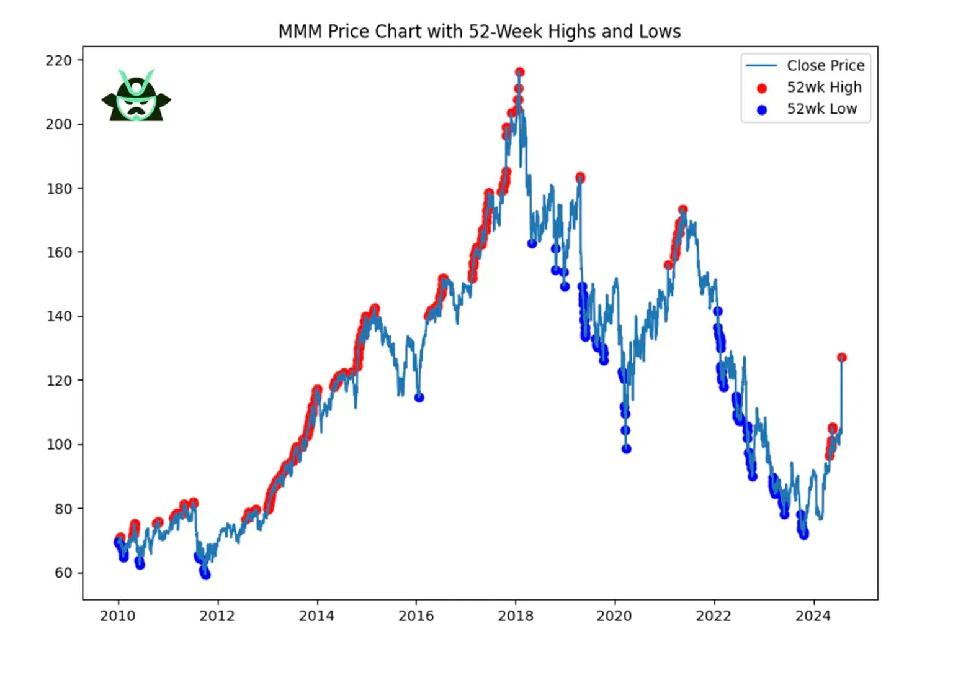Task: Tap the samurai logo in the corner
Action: [x=136, y=96]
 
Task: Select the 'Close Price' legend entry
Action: [x=825, y=65]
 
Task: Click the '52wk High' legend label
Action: [x=824, y=87]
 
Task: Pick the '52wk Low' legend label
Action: [x=821, y=109]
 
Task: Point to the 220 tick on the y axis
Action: [x=59, y=60]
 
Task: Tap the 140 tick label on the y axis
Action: [x=59, y=316]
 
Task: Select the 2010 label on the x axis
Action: [x=117, y=616]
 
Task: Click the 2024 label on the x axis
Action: [x=813, y=616]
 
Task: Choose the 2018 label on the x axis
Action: [x=515, y=616]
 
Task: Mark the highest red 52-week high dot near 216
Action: [x=519, y=73]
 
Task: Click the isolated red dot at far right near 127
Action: [x=842, y=358]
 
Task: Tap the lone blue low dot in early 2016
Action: [x=419, y=398]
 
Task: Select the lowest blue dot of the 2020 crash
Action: [x=627, y=449]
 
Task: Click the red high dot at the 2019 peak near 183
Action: [x=580, y=178]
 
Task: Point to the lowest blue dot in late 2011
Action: [x=205, y=575]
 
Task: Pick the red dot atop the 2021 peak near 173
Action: [x=682, y=210]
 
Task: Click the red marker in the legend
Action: [x=762, y=88]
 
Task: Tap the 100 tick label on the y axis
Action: [x=59, y=445]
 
